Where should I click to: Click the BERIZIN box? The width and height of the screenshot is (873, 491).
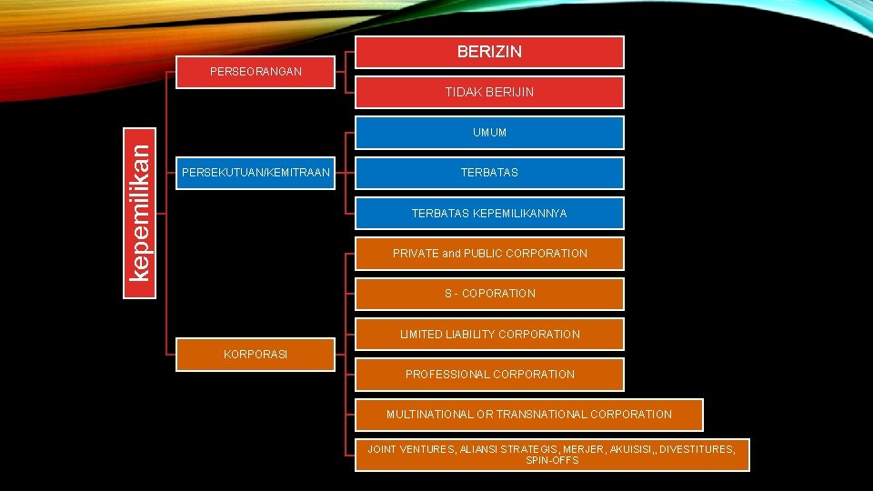coord(489,52)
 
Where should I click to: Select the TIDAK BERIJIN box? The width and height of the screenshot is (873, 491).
coord(489,92)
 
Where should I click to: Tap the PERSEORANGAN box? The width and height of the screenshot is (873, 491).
coord(256,71)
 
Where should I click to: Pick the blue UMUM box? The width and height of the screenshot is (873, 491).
coord(489,133)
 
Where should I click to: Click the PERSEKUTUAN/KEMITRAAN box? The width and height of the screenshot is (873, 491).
coord(256,172)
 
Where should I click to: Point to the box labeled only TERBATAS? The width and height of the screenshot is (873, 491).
coord(489,173)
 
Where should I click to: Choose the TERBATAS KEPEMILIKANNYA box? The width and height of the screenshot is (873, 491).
coord(489,213)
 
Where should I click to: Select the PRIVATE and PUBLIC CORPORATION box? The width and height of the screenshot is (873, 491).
coord(489,254)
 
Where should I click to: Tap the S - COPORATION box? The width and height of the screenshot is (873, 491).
coord(489,294)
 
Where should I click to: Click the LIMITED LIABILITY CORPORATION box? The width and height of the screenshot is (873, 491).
coord(489,334)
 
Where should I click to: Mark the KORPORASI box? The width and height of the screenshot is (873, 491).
coord(256,354)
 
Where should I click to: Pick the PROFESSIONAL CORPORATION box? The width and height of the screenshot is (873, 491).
coord(489,374)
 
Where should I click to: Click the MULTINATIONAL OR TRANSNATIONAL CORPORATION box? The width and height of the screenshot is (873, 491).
coord(528,415)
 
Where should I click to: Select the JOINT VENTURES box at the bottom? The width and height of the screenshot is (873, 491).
coord(551,455)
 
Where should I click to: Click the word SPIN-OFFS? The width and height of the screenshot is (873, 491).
coord(552,461)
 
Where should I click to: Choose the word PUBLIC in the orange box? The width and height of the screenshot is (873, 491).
coord(485,254)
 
